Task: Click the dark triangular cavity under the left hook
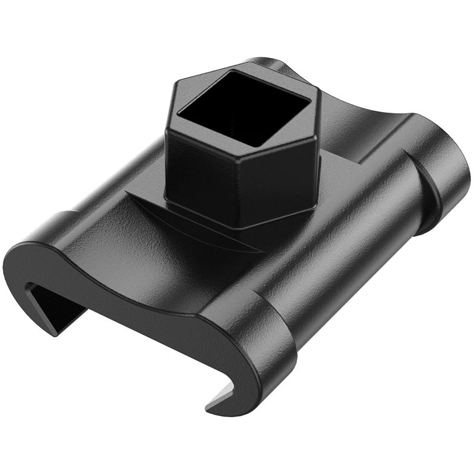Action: click(x=53, y=308)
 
